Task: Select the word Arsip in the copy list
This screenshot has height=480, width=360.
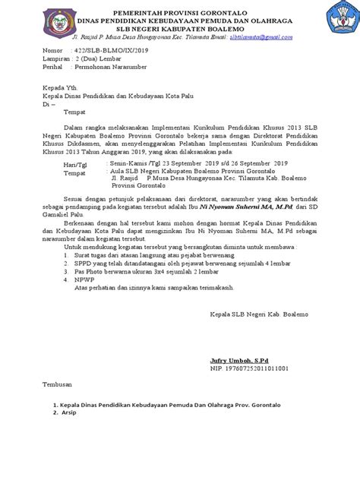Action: click(71, 414)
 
